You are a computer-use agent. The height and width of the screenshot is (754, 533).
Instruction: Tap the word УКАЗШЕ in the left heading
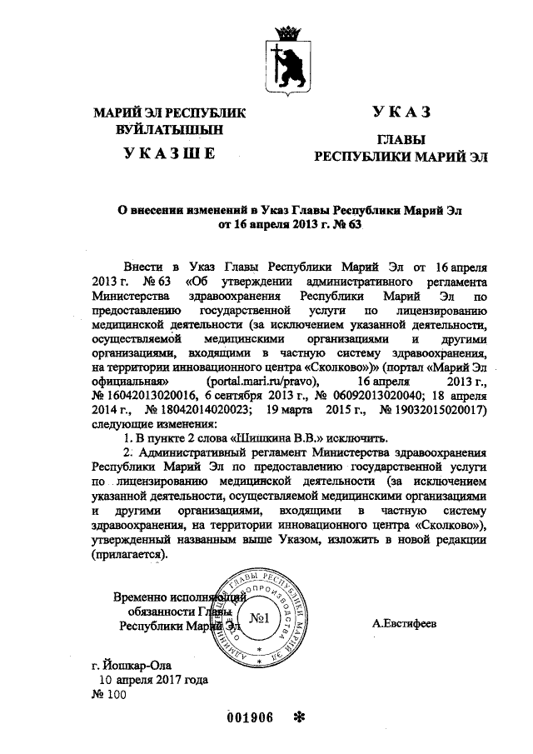170,153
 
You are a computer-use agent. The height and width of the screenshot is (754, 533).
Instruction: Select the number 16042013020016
143,396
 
